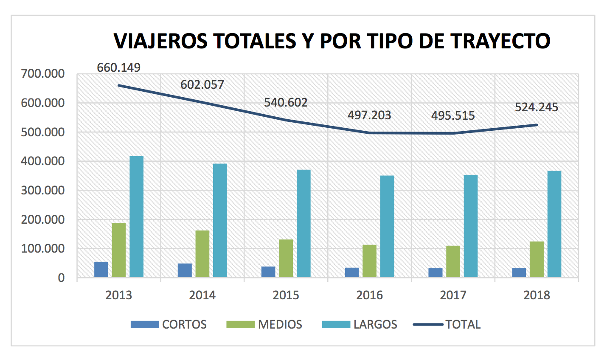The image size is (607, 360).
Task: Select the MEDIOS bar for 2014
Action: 202,254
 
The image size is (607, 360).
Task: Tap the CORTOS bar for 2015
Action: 268,272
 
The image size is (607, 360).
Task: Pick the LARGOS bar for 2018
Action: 554,224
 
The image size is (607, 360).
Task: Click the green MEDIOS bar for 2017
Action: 453,262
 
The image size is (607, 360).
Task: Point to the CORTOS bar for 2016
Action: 352,273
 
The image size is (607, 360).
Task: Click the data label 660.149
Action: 118,67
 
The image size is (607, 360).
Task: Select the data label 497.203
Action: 369,115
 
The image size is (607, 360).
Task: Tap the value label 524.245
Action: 537,107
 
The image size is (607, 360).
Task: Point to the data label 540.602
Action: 286,102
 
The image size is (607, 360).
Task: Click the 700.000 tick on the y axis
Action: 43,74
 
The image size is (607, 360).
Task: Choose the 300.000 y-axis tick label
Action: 43,190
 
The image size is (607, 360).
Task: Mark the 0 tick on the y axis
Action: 62,278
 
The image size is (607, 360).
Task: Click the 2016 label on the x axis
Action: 369,295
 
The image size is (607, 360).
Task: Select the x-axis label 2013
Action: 118,295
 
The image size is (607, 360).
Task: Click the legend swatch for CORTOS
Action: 144,324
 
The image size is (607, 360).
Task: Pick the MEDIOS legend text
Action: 280,324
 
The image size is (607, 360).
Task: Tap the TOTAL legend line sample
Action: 428,324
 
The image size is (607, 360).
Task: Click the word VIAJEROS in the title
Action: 161,41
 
